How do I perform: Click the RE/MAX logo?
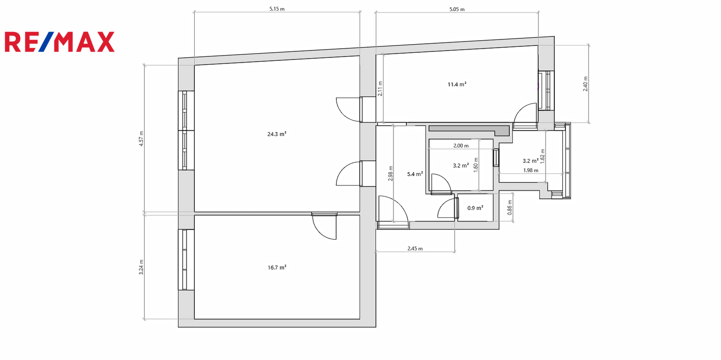[59, 42]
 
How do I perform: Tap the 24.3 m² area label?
[277, 134]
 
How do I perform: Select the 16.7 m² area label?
[277, 267]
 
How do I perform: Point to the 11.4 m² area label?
[457, 84]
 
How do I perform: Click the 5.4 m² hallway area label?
[415, 174]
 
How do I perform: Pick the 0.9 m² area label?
[475, 208]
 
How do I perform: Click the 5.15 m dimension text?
[277, 9]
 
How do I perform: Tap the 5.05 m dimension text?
[457, 9]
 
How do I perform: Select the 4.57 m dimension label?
[141, 139]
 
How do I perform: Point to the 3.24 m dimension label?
[141, 267]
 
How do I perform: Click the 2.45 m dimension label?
[415, 248]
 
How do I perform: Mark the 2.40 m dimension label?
[585, 84]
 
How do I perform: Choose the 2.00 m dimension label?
[461, 146]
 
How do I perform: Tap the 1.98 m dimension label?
[530, 170]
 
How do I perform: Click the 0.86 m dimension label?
[510, 208]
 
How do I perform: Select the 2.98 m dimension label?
[390, 173]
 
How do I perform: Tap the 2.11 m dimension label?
[380, 88]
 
